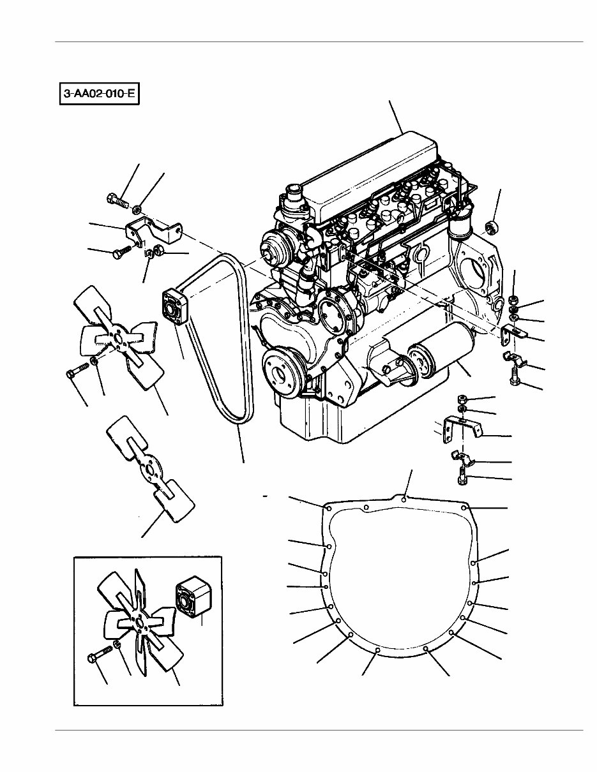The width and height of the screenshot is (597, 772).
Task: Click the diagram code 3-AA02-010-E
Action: (99, 95)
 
